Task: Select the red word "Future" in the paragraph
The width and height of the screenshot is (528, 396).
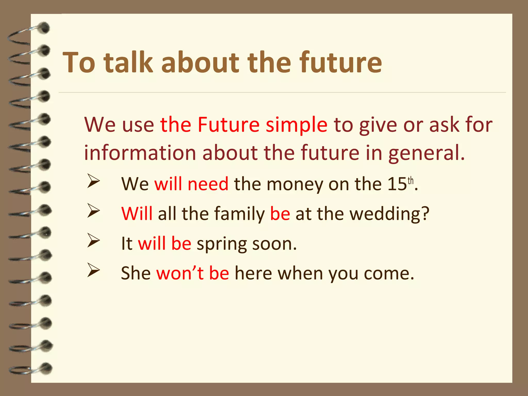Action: click(228, 125)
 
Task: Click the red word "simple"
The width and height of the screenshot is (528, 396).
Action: click(296, 125)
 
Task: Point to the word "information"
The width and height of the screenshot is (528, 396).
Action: click(140, 153)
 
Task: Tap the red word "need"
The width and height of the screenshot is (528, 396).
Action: click(208, 184)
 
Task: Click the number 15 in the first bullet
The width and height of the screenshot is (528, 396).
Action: click(397, 184)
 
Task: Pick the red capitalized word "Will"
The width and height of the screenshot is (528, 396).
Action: click(137, 214)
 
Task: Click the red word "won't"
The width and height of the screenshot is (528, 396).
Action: click(180, 273)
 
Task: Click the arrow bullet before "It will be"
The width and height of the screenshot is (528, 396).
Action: click(93, 240)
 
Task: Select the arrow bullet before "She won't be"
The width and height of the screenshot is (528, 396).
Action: click(93, 270)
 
